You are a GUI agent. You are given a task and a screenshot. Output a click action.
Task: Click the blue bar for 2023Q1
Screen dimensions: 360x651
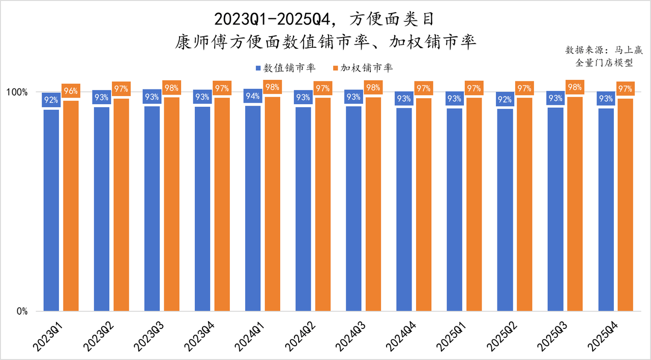51,210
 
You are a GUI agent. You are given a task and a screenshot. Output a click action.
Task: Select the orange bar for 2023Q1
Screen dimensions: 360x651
71,205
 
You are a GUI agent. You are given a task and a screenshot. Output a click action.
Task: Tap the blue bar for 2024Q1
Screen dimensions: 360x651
253,208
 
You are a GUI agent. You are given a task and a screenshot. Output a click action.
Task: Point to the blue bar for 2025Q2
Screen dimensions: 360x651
505,209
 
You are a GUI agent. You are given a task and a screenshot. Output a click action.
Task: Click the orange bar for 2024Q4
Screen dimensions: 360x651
424,204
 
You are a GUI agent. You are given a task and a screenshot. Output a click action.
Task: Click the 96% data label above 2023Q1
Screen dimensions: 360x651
71,92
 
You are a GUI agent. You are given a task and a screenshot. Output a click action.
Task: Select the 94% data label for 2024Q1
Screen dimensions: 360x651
253,96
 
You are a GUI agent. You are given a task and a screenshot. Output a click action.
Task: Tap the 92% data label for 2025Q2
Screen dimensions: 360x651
505,99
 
